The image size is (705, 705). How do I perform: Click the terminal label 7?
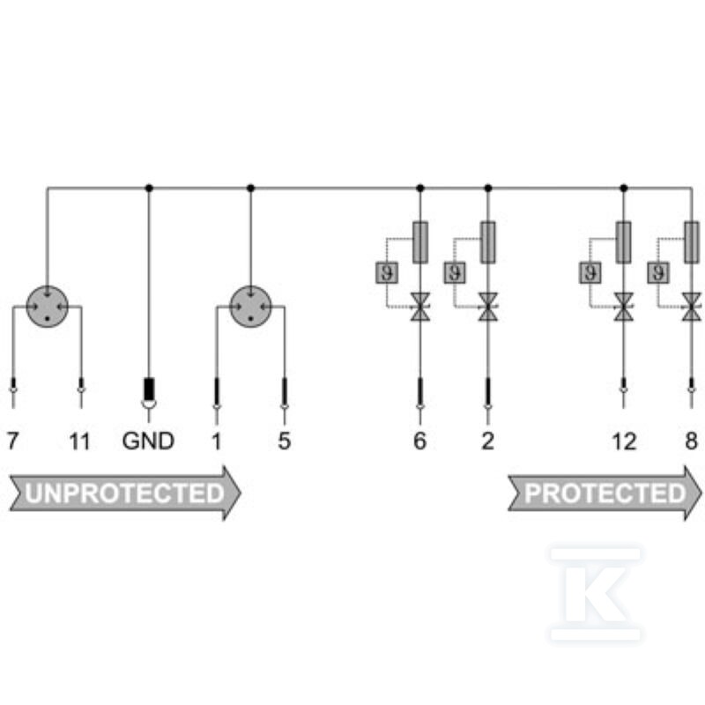[13, 441]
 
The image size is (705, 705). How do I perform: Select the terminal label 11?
[79, 442]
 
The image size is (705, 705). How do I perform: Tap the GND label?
[148, 441]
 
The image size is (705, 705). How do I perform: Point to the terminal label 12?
[624, 442]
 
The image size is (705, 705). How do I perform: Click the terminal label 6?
[419, 441]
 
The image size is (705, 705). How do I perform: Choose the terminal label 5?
[284, 441]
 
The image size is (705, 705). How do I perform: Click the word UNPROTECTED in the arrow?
[124, 493]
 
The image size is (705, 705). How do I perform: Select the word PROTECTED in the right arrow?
[605, 493]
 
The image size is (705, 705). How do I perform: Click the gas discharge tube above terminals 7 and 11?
[48, 307]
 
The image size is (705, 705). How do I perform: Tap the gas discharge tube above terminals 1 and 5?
[251, 307]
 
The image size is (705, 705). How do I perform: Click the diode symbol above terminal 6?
[420, 307]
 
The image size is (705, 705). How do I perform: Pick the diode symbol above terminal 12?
[624, 307]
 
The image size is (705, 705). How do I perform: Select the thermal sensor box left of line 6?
[387, 272]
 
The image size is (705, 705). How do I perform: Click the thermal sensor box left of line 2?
[455, 272]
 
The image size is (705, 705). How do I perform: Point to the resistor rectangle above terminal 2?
[488, 242]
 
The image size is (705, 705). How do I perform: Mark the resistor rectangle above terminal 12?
[624, 242]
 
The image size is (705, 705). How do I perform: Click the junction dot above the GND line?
[149, 188]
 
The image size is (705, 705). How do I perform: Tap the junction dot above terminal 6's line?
[420, 188]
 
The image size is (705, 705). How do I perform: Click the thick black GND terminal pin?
[149, 390]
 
